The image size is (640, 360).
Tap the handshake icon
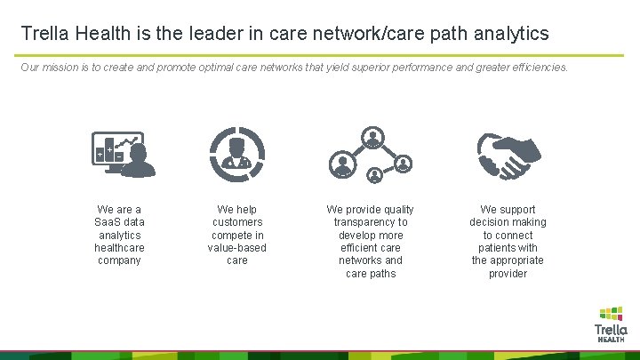pyautogui.click(x=507, y=154)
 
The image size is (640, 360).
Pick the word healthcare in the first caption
pyautogui.click(x=119, y=248)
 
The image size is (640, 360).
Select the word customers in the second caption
pyautogui.click(x=237, y=222)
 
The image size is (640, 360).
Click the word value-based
pyautogui.click(x=237, y=248)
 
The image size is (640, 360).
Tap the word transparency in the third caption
pyautogui.click(x=371, y=222)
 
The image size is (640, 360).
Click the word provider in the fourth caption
pyautogui.click(x=508, y=274)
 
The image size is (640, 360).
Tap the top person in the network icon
pyautogui.click(x=371, y=138)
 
